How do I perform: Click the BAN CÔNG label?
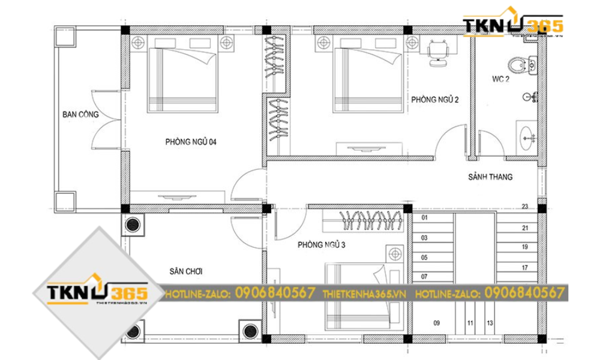(80, 114)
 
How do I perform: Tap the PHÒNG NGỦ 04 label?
(191, 142)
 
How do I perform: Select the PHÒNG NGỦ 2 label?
(435, 100)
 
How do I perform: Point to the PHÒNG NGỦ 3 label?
(321, 245)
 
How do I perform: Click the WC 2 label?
(500, 79)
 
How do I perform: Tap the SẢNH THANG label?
(490, 177)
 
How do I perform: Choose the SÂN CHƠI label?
(185, 271)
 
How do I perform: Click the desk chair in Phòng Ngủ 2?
(437, 50)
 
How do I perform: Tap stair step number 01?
(424, 217)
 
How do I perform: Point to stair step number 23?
(524, 207)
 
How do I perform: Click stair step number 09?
(436, 323)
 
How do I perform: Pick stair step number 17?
(524, 268)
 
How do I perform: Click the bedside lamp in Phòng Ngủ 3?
(395, 254)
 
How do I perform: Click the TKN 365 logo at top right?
(512, 25)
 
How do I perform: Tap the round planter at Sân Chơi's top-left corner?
(133, 224)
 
